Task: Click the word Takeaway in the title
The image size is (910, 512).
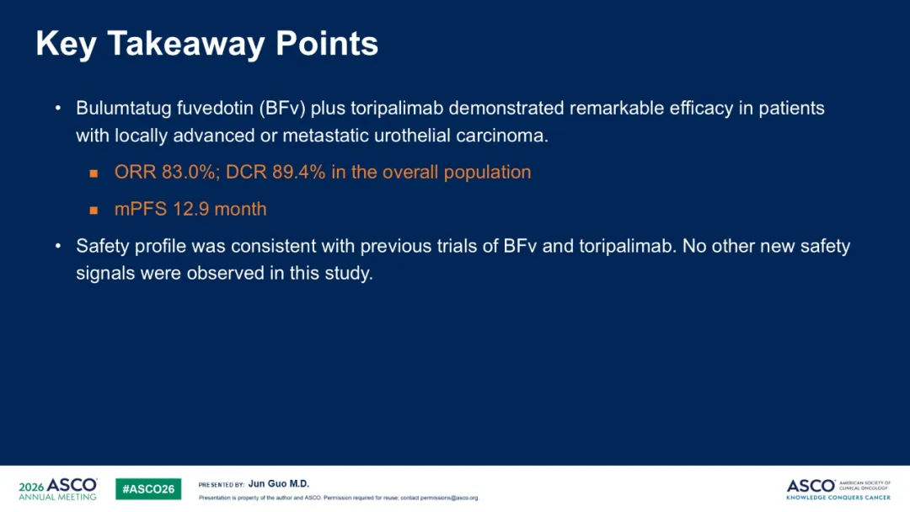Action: (185, 45)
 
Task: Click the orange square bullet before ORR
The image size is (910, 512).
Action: (94, 173)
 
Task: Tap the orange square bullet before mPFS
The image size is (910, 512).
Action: (94, 211)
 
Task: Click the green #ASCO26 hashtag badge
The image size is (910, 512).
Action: (148, 488)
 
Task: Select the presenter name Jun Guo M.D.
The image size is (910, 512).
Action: (279, 483)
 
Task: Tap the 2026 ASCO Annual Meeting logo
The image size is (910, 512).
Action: (58, 488)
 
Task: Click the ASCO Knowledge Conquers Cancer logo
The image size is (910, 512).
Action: (838, 489)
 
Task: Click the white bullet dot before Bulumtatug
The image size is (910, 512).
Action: (58, 109)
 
